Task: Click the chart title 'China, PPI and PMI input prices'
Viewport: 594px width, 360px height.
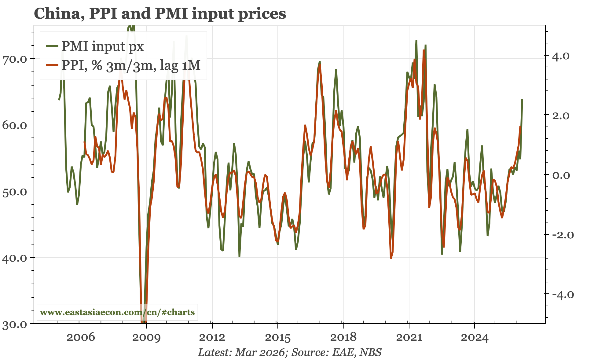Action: (160, 13)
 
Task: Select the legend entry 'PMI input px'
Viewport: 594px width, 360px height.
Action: (102, 46)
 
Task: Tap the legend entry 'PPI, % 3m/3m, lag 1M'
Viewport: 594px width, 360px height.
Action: (131, 65)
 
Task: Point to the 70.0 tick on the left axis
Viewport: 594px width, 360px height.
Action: (15, 58)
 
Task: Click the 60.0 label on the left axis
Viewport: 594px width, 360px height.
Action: (15, 125)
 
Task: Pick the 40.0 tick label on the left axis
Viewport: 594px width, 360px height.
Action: (15, 258)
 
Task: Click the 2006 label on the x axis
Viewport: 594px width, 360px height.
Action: (81, 337)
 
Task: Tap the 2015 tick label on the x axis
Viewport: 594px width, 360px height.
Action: (277, 337)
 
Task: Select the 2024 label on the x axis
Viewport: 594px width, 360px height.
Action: (474, 337)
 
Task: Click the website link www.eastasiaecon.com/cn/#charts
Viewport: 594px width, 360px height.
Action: (117, 312)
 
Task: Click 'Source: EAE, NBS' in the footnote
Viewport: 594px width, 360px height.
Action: (336, 352)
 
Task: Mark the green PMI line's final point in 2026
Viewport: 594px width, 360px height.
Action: (522, 99)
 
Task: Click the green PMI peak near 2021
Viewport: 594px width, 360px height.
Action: (416, 40)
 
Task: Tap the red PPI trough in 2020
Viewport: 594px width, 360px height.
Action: (391, 258)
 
